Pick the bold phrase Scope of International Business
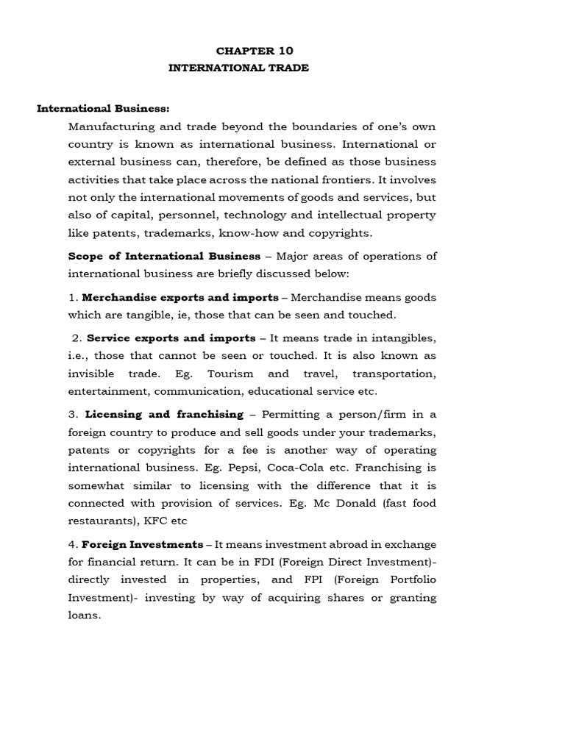tap(164, 256)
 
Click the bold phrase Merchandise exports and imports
tap(180, 297)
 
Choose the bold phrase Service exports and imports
tap(171, 338)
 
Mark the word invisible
tap(90, 374)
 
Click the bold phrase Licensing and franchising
tap(164, 415)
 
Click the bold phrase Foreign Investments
tap(143, 544)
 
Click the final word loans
tap(83, 615)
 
